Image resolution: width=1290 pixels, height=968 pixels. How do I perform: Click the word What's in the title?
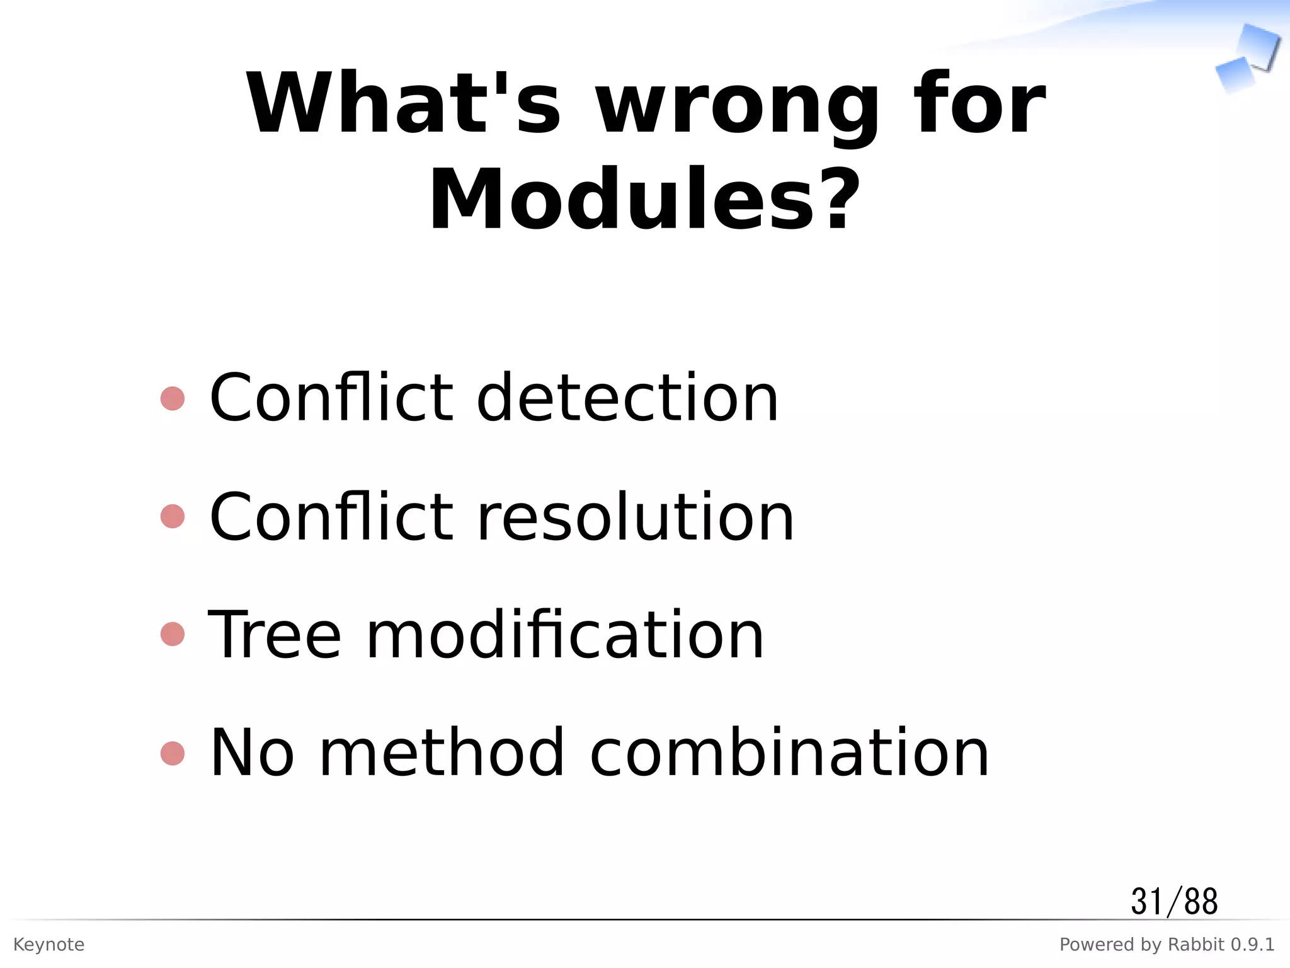(x=403, y=104)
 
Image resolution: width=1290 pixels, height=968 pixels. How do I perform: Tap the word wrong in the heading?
(x=737, y=107)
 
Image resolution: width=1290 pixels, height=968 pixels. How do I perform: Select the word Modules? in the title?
(x=644, y=200)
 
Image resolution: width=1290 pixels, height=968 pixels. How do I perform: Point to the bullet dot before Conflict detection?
(x=173, y=398)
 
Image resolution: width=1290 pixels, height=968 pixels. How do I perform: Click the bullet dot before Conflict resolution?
(x=173, y=517)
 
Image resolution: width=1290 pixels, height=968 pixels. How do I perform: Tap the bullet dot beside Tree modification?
(x=173, y=635)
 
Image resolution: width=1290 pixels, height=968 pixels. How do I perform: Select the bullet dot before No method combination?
(x=173, y=753)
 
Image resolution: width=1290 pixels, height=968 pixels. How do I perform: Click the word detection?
(x=627, y=398)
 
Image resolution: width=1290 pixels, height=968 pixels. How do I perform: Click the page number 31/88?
(x=1174, y=902)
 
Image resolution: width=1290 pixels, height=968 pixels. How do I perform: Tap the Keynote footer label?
(x=49, y=945)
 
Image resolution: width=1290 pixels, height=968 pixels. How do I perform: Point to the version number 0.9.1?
(x=1253, y=945)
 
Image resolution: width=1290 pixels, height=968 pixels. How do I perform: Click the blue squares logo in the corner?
(x=1247, y=58)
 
